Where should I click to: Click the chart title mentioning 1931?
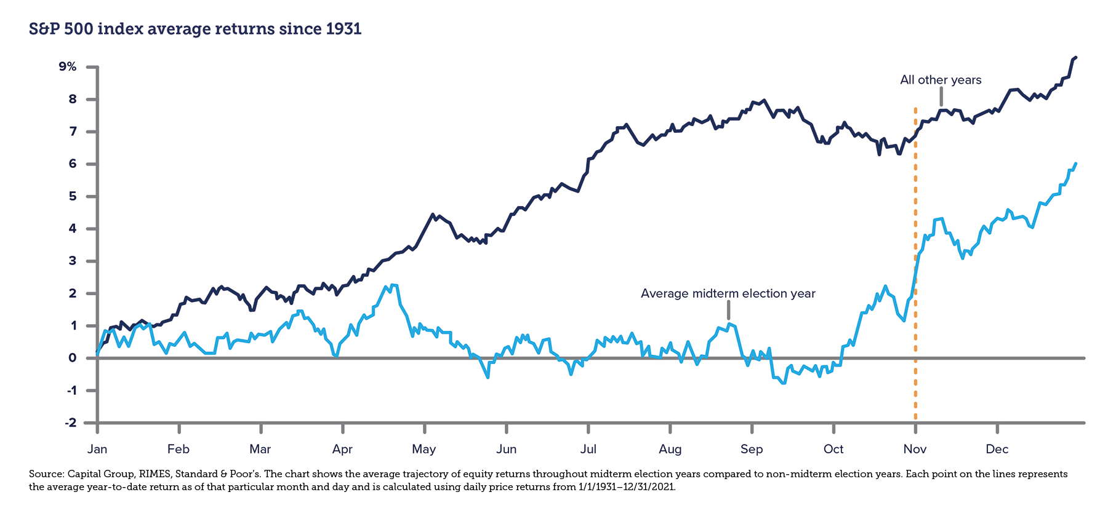pos(195,29)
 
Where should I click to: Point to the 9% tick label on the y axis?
pos(68,66)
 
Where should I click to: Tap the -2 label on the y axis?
pos(71,423)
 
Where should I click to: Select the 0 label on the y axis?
pos(73,358)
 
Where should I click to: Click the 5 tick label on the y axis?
pos(73,196)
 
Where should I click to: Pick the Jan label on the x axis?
pos(97,449)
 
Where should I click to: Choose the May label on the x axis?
pos(424,450)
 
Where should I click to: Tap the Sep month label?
pos(752,450)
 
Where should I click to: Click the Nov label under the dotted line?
pos(915,449)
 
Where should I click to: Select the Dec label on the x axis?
pos(997,449)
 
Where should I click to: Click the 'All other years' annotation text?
pos(941,80)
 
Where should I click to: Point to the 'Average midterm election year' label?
pos(728,293)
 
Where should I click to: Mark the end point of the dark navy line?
pos(1075,57)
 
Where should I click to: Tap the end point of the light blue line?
pos(1075,164)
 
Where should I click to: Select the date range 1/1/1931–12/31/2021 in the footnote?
pos(627,487)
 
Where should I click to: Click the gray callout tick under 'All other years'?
pos(941,97)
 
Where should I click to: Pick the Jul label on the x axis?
pos(588,449)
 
